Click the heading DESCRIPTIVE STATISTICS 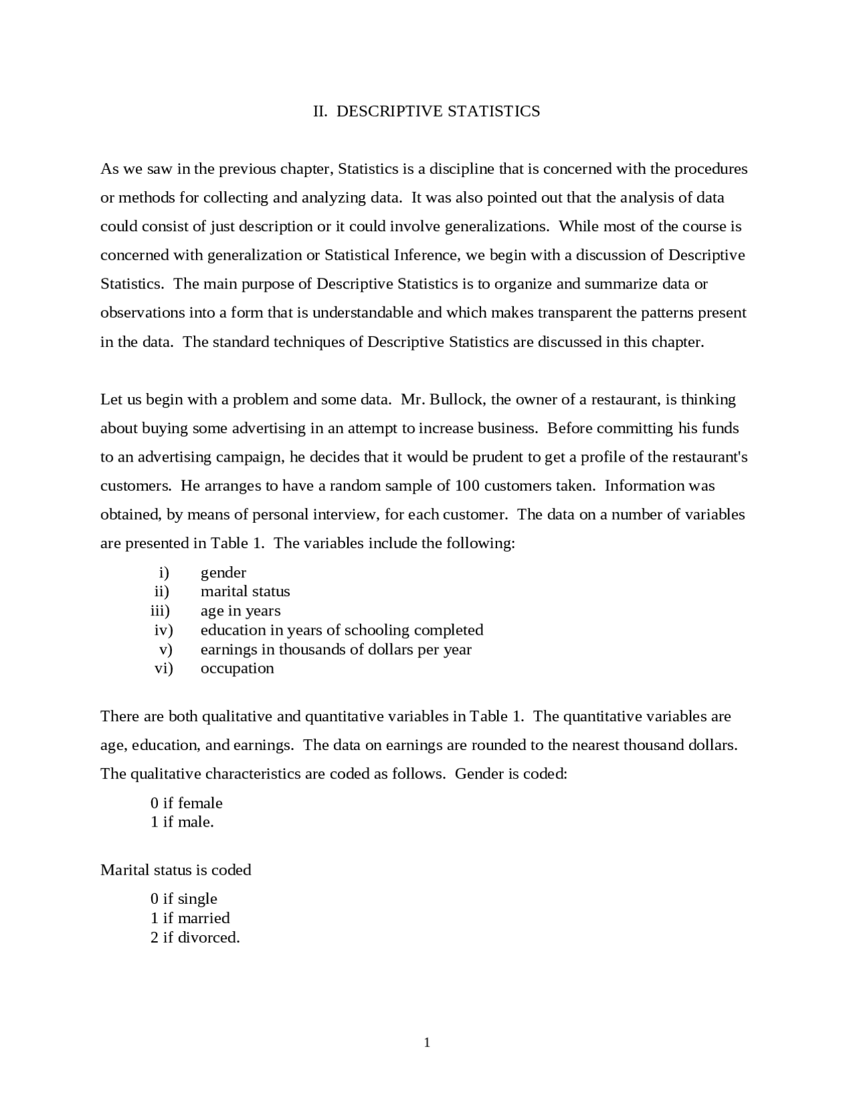(438, 111)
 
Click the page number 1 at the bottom (427, 1043)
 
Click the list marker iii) (160, 611)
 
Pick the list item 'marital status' (245, 591)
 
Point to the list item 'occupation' (237, 668)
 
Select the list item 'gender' (223, 573)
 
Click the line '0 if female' (187, 803)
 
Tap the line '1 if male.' (182, 822)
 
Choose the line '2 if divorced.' (195, 938)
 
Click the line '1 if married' (190, 919)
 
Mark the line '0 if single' (184, 899)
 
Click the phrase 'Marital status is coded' (176, 871)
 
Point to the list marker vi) (163, 668)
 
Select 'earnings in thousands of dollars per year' (336, 649)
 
